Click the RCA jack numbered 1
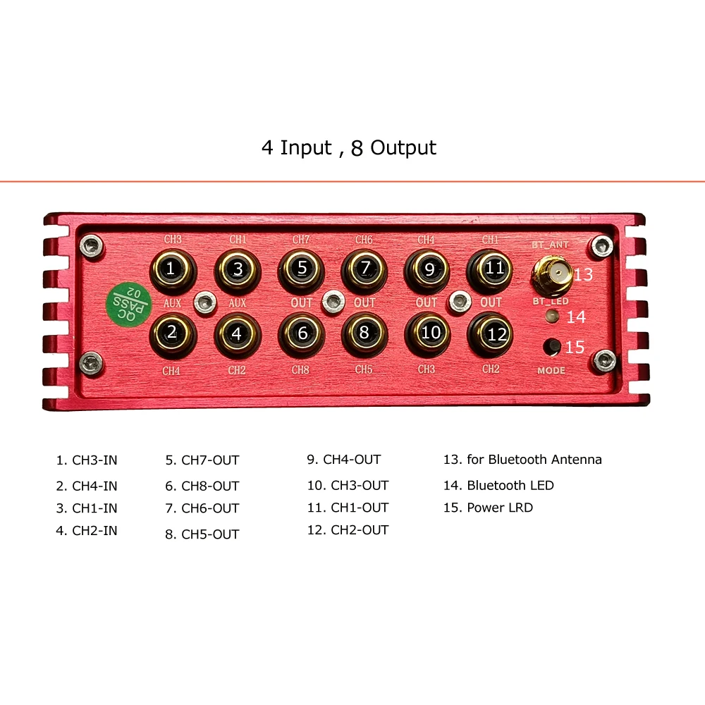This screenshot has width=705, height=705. tap(171, 269)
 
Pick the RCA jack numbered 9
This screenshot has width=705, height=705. tap(427, 269)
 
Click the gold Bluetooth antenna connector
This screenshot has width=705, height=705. tap(552, 274)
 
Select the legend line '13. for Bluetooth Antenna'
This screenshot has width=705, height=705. tap(522, 460)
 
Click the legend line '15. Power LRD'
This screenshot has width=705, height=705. tap(488, 508)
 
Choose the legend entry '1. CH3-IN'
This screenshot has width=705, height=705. tap(87, 460)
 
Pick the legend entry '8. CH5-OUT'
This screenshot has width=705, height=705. tap(202, 534)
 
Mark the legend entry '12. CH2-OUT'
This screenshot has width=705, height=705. tap(348, 530)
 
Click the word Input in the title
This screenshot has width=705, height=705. tap(305, 148)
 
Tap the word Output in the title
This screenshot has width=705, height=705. tap(403, 148)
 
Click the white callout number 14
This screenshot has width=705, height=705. tap(576, 317)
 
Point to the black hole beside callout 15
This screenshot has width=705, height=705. tap(553, 346)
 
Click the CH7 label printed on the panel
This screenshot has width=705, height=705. tap(301, 240)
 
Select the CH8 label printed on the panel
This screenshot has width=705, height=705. tap(301, 369)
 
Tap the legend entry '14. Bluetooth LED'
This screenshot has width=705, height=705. tap(498, 485)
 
